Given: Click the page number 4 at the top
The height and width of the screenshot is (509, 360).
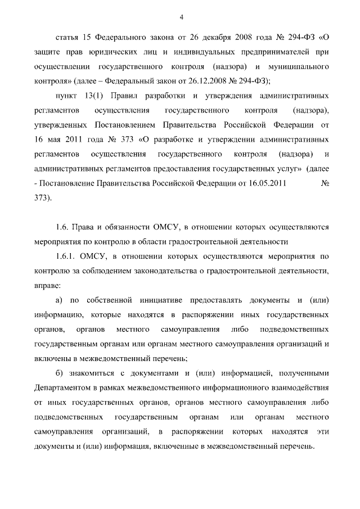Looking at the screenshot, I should (181, 16).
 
